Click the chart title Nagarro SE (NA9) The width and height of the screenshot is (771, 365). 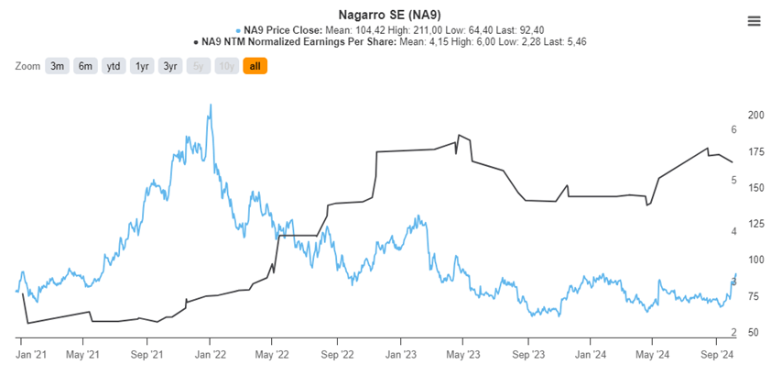[x=385, y=13]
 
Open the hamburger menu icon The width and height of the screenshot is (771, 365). [x=754, y=21]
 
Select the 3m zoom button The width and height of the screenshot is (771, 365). [x=58, y=66]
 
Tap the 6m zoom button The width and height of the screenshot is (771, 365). [x=86, y=66]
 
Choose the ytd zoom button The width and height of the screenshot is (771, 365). [x=114, y=66]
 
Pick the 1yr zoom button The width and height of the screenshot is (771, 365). [x=142, y=66]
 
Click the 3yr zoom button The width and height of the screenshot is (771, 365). [x=170, y=66]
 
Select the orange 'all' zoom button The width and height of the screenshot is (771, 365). [x=255, y=66]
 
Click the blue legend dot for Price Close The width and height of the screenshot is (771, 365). [x=238, y=29]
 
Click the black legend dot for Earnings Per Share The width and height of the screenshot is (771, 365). [x=195, y=42]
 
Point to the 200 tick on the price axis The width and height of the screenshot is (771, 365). [x=756, y=116]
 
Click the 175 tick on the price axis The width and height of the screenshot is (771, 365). [x=756, y=151]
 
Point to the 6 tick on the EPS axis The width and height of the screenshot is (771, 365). [x=733, y=130]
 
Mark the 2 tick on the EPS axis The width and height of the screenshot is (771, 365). [x=733, y=332]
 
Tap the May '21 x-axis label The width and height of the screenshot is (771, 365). [x=82, y=353]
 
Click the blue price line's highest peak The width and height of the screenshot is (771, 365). [x=211, y=105]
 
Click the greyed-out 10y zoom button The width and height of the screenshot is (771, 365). [x=226, y=66]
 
